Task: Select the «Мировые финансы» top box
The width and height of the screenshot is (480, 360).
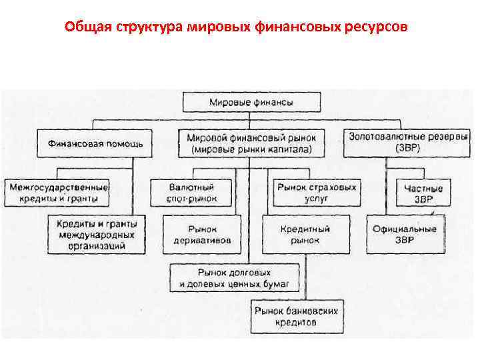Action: (x=251, y=103)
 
